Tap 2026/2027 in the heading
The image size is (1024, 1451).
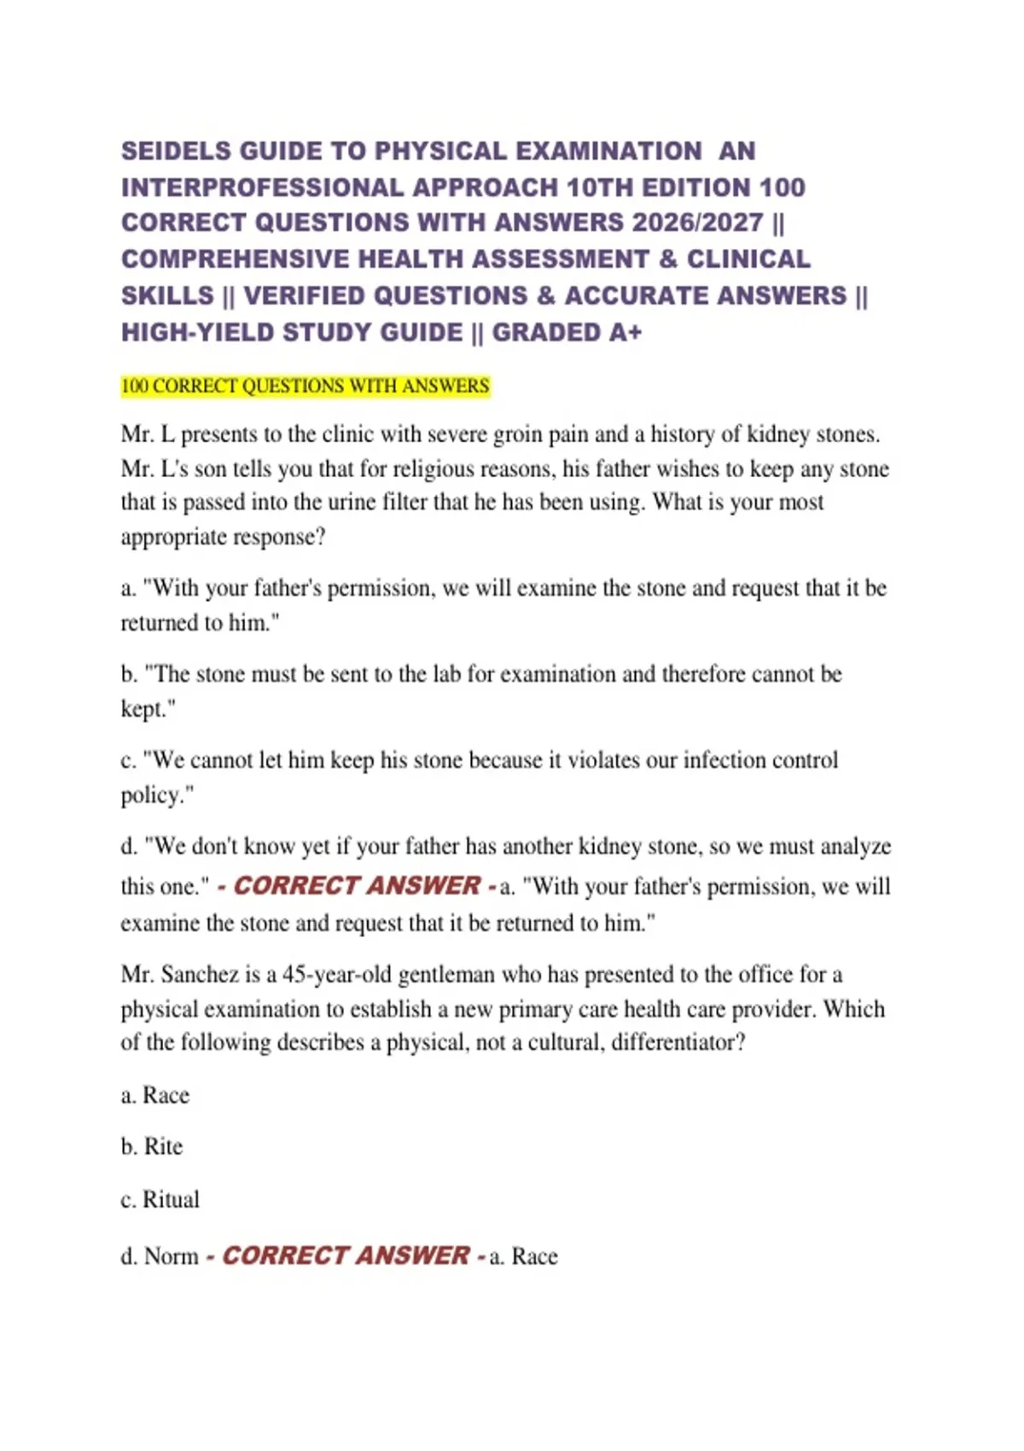[697, 223]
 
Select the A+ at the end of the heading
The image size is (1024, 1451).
[625, 332]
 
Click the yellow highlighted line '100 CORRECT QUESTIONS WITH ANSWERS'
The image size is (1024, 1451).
[305, 387]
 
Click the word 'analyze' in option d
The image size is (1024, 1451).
[855, 846]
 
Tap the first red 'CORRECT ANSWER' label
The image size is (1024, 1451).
[357, 886]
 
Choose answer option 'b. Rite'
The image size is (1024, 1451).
[152, 1146]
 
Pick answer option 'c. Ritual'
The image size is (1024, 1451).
[160, 1199]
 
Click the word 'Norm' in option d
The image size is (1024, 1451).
[171, 1256]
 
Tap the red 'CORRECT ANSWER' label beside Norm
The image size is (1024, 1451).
[346, 1256]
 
